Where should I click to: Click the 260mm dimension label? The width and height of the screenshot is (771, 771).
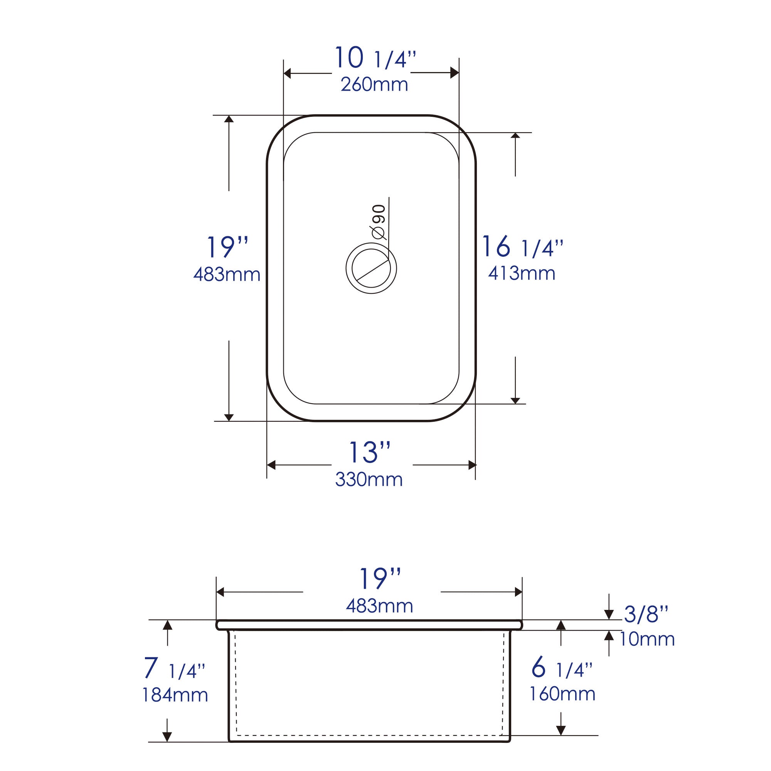coord(374,84)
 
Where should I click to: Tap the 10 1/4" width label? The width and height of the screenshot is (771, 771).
coord(375,59)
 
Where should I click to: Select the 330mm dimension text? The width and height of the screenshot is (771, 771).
coord(369,479)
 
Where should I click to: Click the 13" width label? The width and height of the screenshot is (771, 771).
coord(369,453)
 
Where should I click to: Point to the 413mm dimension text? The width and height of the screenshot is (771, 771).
coord(522,273)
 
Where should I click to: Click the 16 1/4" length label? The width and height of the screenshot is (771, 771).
coord(522,247)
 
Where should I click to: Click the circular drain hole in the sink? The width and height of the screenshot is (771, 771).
coord(371,269)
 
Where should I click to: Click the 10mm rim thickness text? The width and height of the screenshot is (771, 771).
coord(647,639)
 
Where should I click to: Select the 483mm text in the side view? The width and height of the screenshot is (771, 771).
coord(379,606)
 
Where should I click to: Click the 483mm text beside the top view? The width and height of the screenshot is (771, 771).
coord(227,274)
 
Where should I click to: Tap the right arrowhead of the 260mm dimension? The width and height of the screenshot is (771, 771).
coord(455,73)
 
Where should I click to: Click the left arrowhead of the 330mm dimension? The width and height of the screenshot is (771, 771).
coord(271,465)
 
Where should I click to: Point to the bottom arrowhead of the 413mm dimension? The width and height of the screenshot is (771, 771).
coord(515,400)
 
